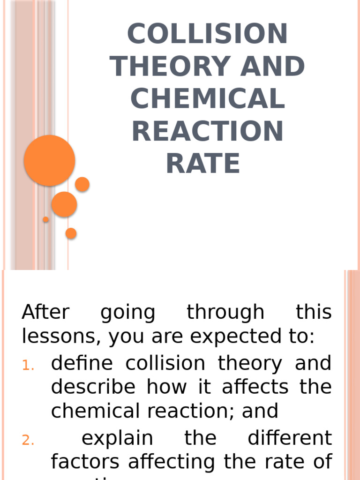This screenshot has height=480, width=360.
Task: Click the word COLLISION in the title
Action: tap(207, 34)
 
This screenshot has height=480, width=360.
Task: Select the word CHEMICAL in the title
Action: tap(207, 98)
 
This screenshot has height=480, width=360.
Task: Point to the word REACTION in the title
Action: tap(207, 131)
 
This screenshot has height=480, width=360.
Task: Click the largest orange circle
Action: tap(50, 160)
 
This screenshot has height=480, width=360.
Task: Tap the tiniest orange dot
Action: tap(46, 219)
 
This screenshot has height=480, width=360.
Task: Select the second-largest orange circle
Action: tap(64, 204)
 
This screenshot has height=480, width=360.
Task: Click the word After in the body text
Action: tap(45, 312)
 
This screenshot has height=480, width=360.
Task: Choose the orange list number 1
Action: tap(28, 366)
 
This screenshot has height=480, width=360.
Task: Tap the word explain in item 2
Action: tap(117, 439)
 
